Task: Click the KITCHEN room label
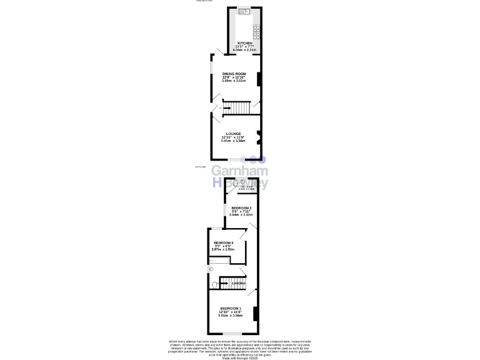coord(244,43)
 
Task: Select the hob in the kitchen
coord(256,29)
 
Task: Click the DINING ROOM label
coord(234,74)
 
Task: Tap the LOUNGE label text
coord(234,133)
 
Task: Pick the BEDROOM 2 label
coord(241,207)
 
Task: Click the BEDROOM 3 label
coord(223,242)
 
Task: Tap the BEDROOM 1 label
coord(231,308)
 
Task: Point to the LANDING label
coord(239,284)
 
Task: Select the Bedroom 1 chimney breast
coord(255,313)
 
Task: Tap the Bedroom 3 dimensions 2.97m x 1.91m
coord(223,250)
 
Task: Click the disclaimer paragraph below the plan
coord(240,347)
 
